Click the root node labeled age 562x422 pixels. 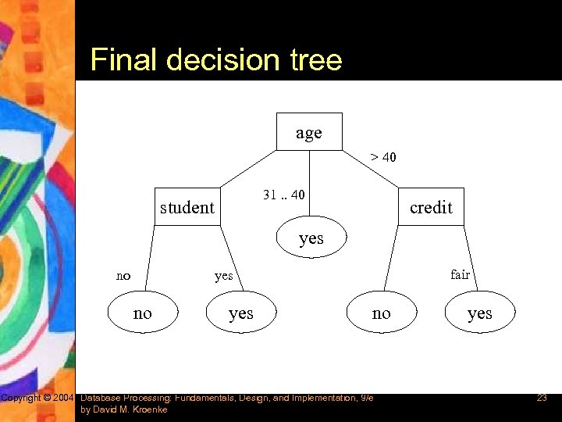309,132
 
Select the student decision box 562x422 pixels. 187,207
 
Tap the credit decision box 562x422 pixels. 431,207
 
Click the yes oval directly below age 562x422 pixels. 311,238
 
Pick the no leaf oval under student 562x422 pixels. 143,313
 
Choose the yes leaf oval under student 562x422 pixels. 240,313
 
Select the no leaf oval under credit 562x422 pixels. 381,313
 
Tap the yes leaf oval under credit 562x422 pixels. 479,313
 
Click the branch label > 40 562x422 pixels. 383,157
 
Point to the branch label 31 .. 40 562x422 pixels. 284,195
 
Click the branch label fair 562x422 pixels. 460,274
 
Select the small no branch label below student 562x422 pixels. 123,276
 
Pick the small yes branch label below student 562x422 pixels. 224,276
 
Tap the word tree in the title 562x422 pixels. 314,60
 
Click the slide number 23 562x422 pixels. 542,399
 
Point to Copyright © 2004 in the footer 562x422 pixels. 37,399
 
